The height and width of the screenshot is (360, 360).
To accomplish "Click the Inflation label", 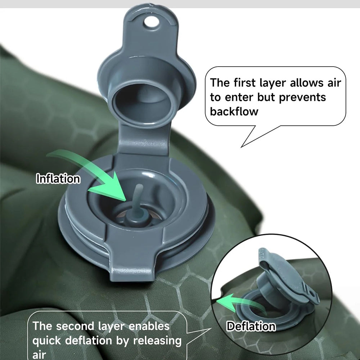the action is click(x=58, y=179).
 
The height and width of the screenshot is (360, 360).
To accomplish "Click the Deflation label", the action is click(x=251, y=326).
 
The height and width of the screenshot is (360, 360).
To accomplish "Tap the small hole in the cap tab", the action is click(x=151, y=22).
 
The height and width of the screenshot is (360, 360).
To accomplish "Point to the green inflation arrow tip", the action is click(x=125, y=200).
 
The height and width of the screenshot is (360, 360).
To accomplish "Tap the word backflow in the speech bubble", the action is click(x=234, y=112).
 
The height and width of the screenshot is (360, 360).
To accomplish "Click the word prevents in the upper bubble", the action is click(x=302, y=98).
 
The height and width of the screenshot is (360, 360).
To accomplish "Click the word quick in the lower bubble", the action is click(x=47, y=341).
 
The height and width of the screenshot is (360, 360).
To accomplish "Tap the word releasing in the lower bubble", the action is click(x=158, y=341).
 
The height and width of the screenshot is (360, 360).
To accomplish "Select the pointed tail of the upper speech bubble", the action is click(x=241, y=147).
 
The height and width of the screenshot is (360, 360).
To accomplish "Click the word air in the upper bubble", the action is click(x=334, y=83).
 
